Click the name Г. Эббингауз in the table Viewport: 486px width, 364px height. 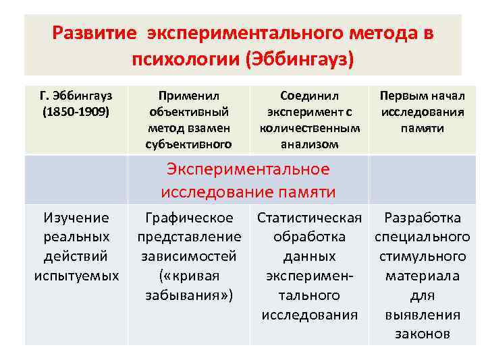pos(75,96)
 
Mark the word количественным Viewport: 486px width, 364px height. pos(309,127)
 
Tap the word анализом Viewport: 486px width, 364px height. pos(309,144)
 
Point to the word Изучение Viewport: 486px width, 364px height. pos(76,218)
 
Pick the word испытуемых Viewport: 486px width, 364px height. pos(76,276)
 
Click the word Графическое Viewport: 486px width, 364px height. pos(190,218)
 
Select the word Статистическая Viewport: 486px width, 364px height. pos(309,218)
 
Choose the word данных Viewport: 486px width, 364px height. pos(309,257)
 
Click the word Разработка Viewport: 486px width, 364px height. pos(422,218)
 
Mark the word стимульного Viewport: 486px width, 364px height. pos(422,257)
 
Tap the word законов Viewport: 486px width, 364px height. pos(422,334)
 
